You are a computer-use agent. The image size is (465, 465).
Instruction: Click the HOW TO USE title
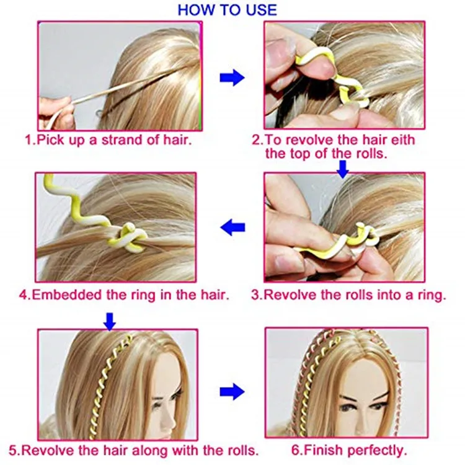pos(227,10)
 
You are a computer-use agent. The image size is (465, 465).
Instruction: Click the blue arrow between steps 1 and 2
pos(232,77)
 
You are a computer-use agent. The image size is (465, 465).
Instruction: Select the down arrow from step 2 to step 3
pos(342,167)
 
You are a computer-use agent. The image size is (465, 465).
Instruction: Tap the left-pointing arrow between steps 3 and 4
pos(233,228)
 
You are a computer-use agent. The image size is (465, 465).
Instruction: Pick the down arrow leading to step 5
pos(110,321)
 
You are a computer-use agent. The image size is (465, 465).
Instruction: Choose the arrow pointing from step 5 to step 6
pos(232,391)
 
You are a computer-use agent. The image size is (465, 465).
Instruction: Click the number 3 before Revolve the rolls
pos(255,295)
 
